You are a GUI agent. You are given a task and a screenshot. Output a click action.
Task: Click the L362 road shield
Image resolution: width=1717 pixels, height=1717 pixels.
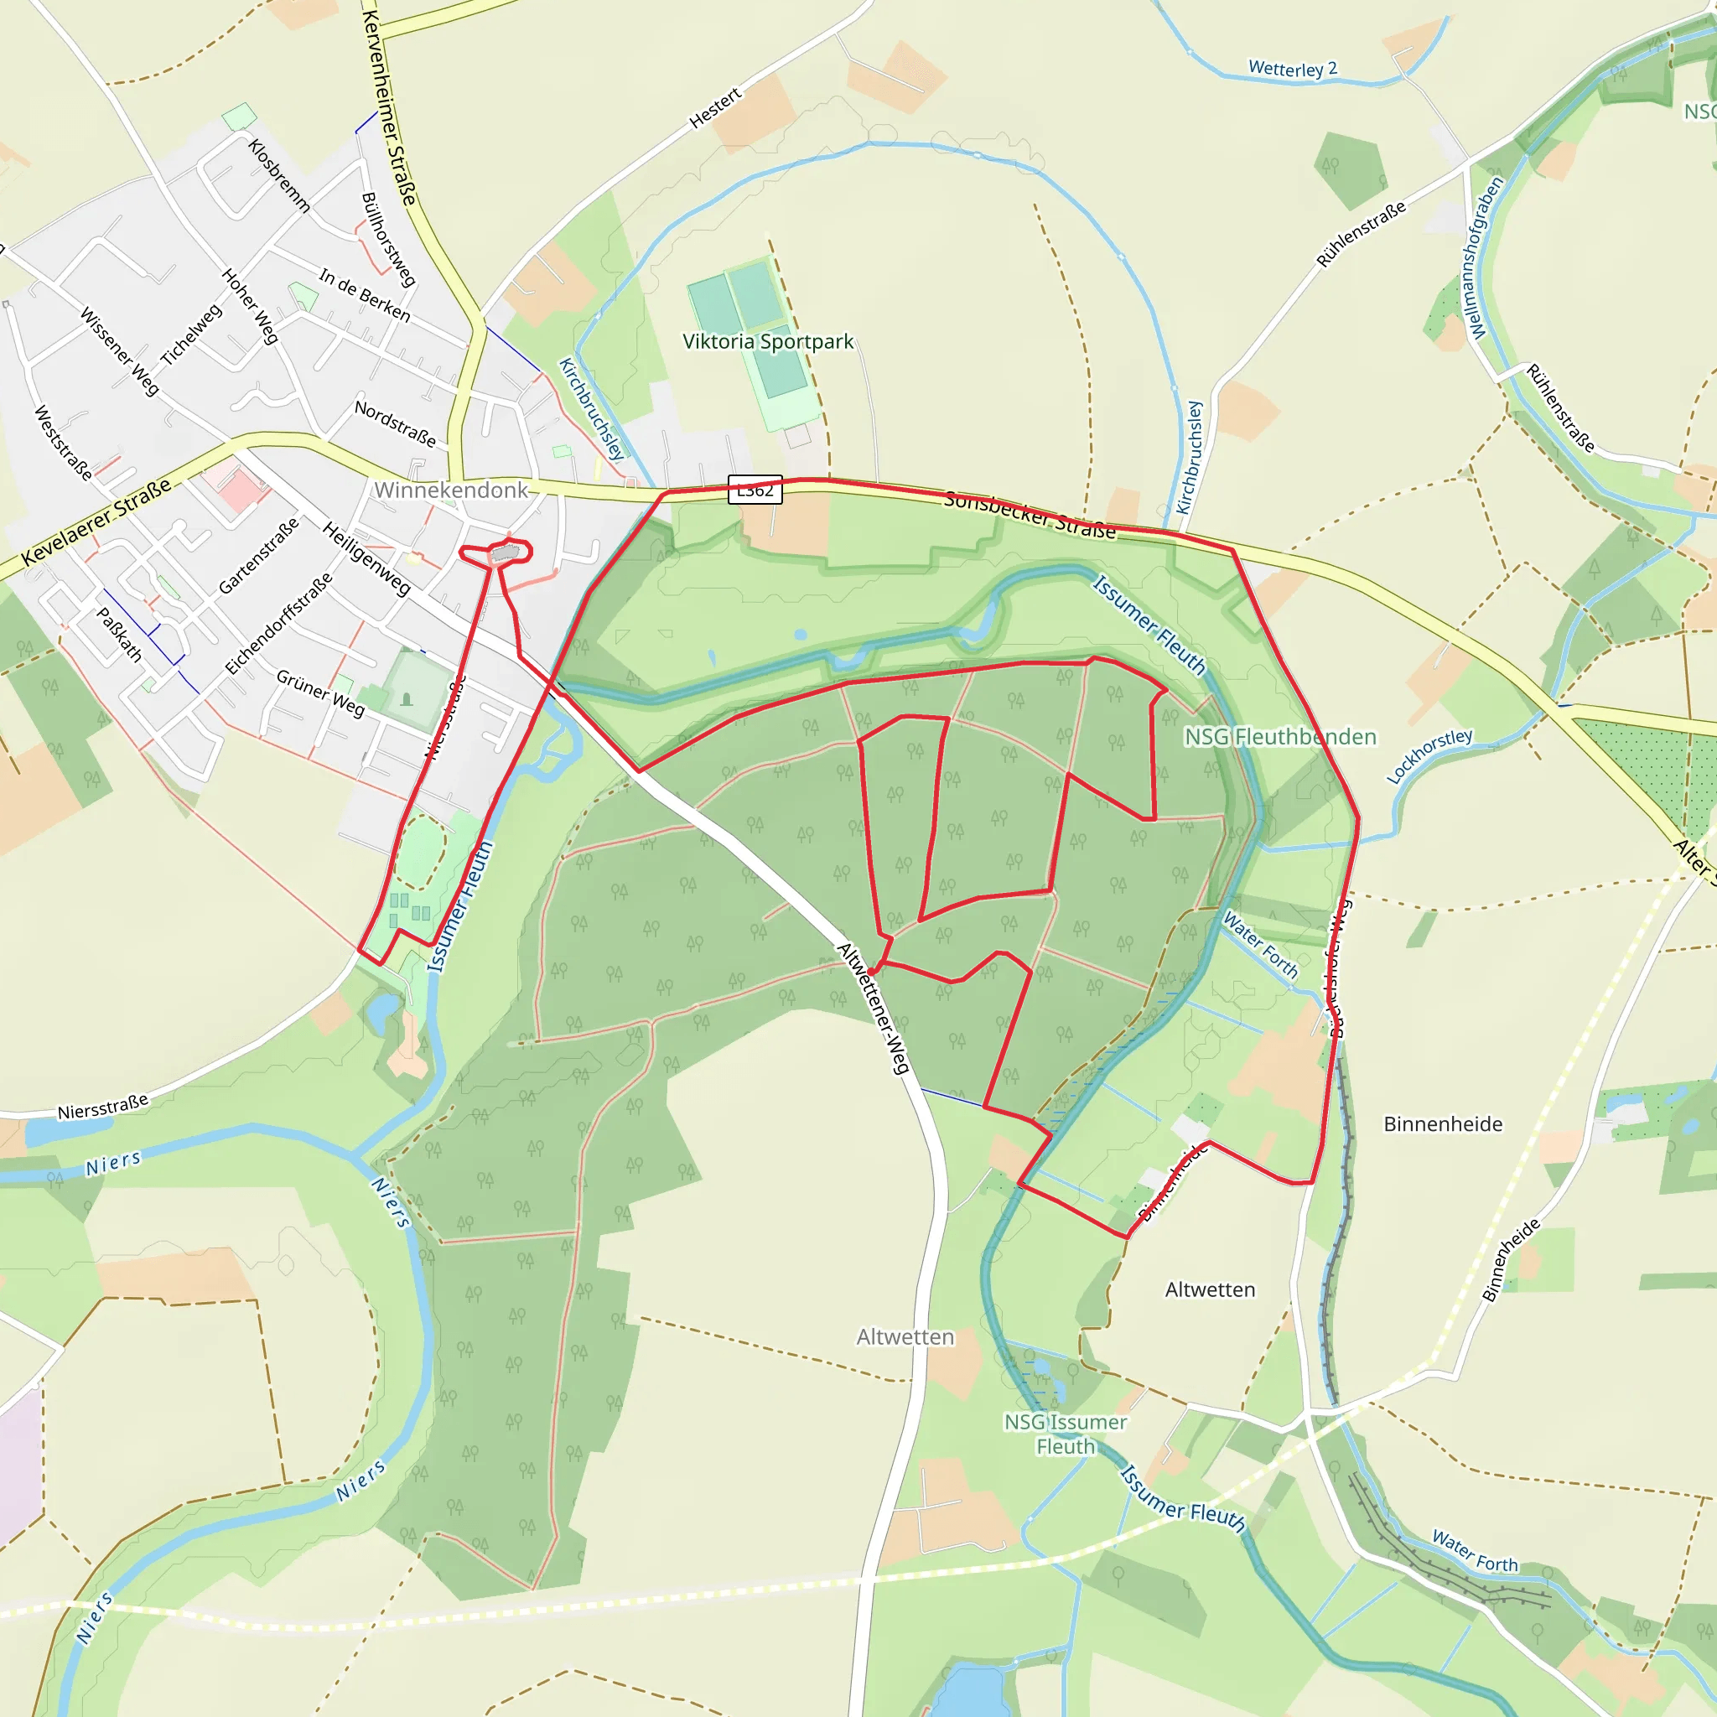click(755, 490)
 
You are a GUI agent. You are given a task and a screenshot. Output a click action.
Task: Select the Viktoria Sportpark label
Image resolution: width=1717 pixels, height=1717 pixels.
click(768, 341)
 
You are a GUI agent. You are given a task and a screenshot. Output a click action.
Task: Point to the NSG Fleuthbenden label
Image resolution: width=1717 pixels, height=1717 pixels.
click(1279, 737)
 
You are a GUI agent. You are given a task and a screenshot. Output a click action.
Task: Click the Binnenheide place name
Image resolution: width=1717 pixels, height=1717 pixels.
click(1442, 1124)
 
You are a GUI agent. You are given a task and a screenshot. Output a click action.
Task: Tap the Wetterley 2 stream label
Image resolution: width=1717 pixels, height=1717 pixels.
click(1292, 69)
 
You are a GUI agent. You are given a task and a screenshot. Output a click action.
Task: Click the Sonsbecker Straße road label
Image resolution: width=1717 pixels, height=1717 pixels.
click(1030, 515)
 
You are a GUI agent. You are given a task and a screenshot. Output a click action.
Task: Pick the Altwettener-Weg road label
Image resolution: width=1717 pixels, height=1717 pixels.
click(874, 1009)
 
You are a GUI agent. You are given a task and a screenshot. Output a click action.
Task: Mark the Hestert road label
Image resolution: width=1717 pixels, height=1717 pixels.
click(715, 107)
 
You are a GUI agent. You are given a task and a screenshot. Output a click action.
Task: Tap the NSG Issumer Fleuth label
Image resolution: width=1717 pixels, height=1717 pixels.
click(1066, 1434)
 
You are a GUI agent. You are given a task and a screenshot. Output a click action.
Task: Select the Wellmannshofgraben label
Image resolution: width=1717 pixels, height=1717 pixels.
click(1485, 257)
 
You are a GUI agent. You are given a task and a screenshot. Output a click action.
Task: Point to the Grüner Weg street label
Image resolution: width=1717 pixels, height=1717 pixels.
click(320, 693)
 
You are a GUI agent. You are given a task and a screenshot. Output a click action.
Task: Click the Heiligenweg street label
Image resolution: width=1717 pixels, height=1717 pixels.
click(366, 558)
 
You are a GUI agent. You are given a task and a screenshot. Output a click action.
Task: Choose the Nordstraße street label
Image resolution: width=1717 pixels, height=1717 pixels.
click(396, 423)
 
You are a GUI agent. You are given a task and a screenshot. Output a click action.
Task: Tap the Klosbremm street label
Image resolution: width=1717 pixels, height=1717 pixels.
click(279, 176)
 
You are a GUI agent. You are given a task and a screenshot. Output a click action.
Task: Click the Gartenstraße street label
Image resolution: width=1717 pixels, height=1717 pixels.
click(258, 557)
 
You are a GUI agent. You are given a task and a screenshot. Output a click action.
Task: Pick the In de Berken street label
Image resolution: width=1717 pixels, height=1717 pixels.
click(365, 295)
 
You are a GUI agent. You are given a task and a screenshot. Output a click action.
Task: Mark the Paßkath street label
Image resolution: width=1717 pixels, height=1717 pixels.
click(119, 634)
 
